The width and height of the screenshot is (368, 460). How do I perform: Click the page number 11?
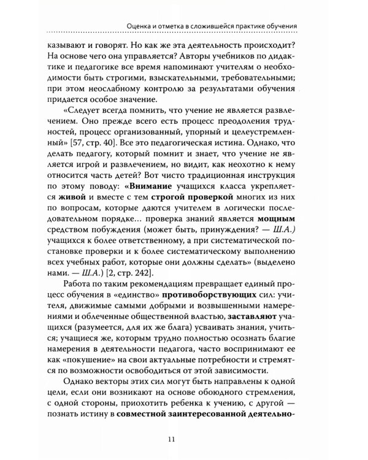point(184,437)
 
